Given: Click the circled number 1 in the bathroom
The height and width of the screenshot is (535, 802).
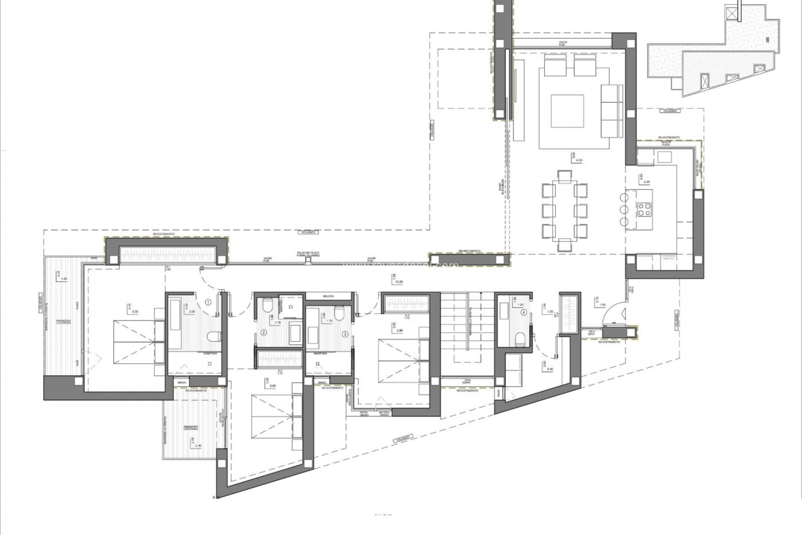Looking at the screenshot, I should (x=208, y=301).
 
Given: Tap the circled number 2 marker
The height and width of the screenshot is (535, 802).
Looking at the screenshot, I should (x=264, y=333).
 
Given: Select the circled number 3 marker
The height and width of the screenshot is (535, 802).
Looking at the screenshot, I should (x=345, y=334).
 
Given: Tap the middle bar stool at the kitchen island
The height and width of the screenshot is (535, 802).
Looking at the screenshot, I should (x=624, y=209).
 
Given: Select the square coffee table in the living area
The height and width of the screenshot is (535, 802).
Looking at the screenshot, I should (x=567, y=111).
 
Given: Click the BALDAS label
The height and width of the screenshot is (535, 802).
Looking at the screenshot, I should (x=328, y=296).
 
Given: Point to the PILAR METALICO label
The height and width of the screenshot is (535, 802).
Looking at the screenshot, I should (x=308, y=254).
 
